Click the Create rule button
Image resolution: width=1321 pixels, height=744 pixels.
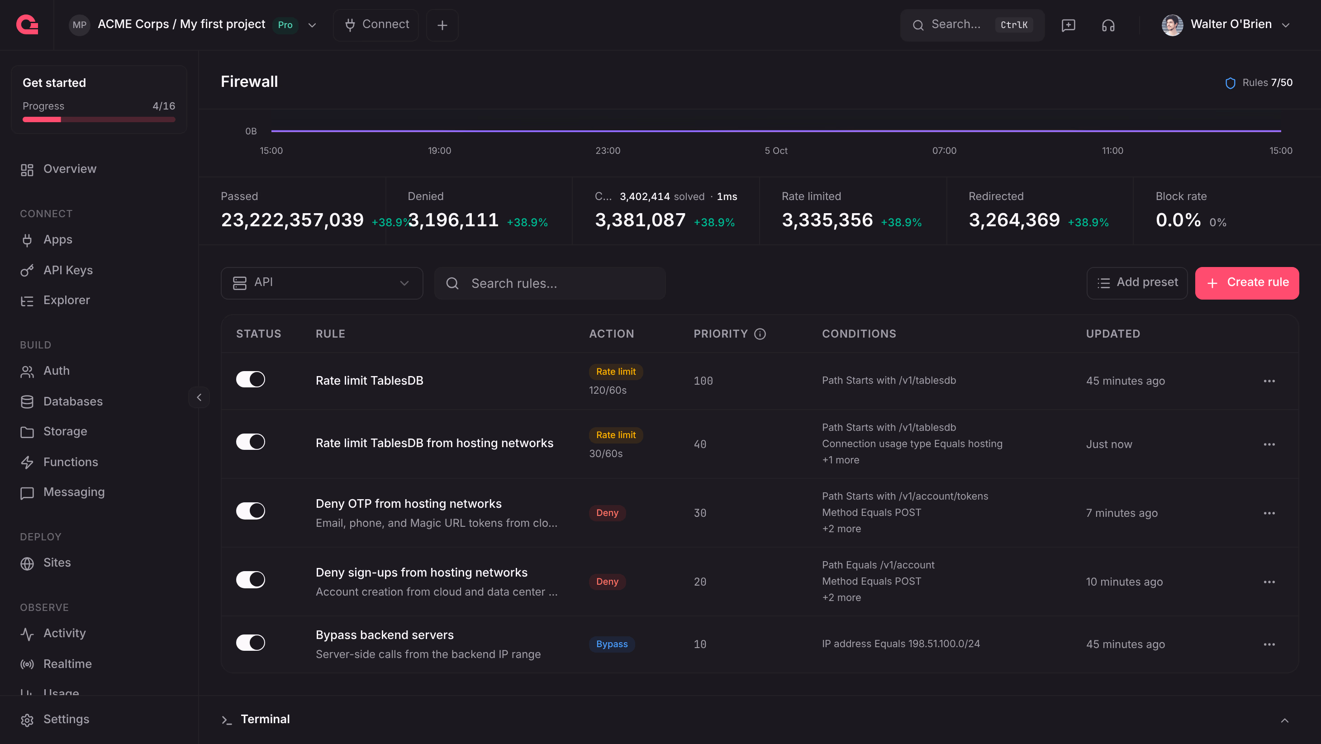coord(1247,283)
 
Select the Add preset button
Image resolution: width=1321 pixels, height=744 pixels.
coord(1137,283)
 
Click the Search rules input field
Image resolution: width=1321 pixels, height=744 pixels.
coord(550,283)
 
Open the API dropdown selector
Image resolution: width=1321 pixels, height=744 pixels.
coord(322,283)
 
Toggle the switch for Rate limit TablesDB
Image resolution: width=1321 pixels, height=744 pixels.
coord(250,380)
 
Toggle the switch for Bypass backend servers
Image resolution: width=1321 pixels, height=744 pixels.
coord(250,643)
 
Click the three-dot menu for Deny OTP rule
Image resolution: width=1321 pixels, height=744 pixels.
coord(1269,513)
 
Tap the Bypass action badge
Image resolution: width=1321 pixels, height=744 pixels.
coord(612,644)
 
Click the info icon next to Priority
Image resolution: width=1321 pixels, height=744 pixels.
coord(760,334)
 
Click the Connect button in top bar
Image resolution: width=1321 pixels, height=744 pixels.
coord(376,24)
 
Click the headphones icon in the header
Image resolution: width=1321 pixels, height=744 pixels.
coord(1108,25)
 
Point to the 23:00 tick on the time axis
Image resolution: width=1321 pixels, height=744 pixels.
coord(608,151)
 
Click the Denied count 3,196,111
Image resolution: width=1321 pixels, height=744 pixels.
coord(453,220)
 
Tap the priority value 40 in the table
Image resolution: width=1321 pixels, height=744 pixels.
coord(700,444)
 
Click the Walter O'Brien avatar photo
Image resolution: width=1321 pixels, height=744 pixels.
coord(1172,24)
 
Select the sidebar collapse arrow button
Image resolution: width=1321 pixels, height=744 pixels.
coord(199,397)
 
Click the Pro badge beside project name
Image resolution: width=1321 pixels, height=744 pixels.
coord(285,24)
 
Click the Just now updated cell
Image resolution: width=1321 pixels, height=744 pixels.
coord(1109,444)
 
